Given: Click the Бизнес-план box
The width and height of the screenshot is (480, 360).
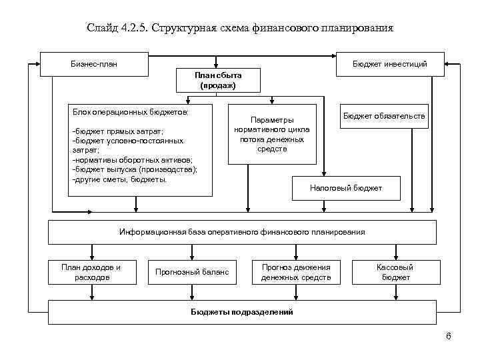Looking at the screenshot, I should pos(93,64).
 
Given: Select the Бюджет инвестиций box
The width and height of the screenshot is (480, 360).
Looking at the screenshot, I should pos(390,64).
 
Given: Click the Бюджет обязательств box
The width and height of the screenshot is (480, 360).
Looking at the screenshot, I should pos(384,117).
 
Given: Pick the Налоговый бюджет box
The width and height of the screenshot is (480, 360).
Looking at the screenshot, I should pos(346,188).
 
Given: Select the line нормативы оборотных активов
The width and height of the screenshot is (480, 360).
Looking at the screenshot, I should pos(131,160).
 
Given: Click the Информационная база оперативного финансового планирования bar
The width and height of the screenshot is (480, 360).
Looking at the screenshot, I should pos(242,232).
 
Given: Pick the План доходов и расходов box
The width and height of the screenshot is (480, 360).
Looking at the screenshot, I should pos(91,272).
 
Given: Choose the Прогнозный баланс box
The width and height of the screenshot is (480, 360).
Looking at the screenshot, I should pos(192,272).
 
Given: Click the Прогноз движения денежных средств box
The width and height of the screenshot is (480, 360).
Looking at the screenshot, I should pos(296,272).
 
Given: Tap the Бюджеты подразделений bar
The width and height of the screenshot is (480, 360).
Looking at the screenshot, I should pos(242,311).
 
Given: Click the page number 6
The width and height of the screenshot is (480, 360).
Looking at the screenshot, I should pos(448,336).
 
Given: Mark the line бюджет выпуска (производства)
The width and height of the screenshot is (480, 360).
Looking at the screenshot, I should pos(134,169).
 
